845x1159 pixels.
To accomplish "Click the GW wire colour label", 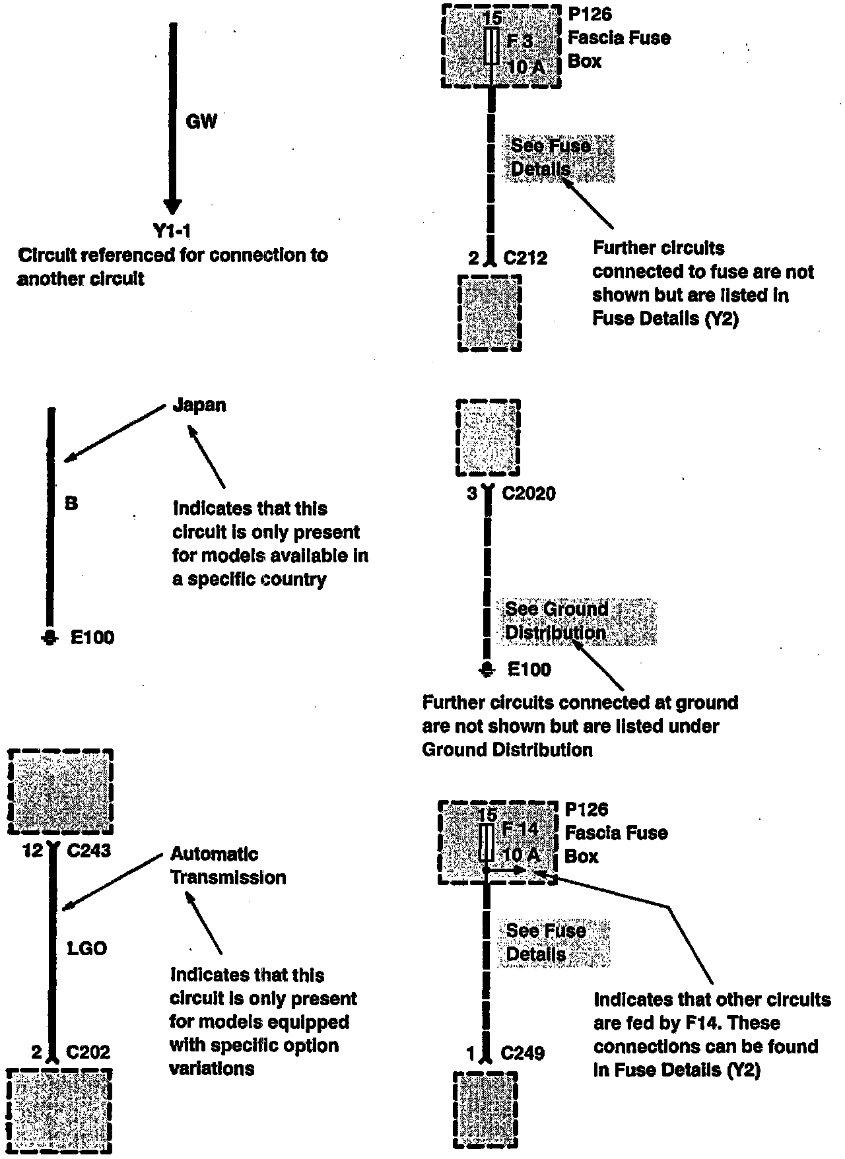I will coord(201,121).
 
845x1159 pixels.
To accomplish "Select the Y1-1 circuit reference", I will coord(172,231).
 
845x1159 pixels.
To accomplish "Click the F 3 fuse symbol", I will coord(490,46).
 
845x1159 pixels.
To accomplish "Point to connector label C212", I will coord(525,258).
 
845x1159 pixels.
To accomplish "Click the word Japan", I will coord(199,405).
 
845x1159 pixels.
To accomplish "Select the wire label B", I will coord(71,504).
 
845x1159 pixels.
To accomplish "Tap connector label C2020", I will coord(529,493).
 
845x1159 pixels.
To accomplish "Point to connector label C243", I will coord(89,851).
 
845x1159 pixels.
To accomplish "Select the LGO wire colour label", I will coord(87,948).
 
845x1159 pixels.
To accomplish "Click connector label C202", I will coord(89,1052).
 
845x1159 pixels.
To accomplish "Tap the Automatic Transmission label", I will coord(228,866).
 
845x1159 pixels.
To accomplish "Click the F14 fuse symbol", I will coord(487,842).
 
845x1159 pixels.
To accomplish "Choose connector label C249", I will coord(523,1053).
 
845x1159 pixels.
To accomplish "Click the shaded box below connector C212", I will coord(490,313).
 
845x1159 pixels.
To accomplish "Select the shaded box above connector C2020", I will coord(488,437).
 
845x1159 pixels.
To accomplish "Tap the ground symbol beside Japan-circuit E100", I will coord(50,638).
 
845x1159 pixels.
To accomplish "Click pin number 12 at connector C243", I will coord(32,851).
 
